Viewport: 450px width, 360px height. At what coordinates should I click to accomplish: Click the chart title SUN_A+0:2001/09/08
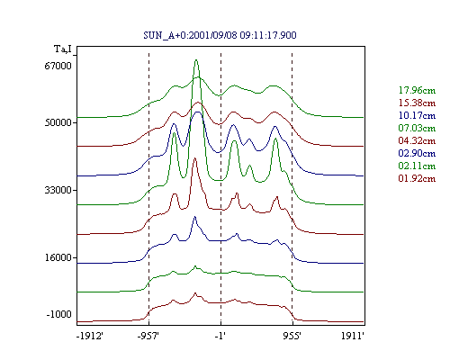coord(220,35)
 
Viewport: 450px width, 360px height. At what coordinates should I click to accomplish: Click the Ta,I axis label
coord(63,49)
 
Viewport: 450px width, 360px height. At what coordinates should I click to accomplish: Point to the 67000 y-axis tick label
coord(58,66)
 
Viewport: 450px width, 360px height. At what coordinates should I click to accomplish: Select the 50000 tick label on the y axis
coord(58,122)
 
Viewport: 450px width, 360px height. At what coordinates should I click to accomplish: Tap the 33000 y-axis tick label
coord(58,190)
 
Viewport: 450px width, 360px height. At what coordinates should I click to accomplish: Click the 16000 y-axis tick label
coord(58,257)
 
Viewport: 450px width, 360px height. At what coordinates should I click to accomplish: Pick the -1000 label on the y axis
coord(59,314)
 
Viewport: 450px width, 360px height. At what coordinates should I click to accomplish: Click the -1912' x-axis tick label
coord(90,336)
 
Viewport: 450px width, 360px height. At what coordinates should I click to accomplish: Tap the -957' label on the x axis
coord(148,336)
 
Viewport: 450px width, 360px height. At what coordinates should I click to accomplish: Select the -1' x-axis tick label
coord(220,336)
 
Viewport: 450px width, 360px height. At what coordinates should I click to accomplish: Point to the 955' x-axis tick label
coord(292,336)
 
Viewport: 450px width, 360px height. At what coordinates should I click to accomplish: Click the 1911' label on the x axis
coord(353,336)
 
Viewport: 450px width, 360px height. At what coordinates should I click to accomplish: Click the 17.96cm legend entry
coord(417,90)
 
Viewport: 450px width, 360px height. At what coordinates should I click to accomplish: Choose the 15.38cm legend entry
coord(417,103)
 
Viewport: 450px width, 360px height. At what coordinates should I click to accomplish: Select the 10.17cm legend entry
coord(417,115)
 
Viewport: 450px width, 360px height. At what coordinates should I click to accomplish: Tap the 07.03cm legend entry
coord(417,128)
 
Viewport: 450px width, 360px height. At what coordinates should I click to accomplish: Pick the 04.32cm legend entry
coord(417,140)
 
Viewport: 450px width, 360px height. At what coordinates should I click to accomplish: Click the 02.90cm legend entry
coord(417,153)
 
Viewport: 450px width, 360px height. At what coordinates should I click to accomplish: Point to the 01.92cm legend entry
coord(417,178)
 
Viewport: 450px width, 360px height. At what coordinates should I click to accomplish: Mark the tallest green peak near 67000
coord(196,60)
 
